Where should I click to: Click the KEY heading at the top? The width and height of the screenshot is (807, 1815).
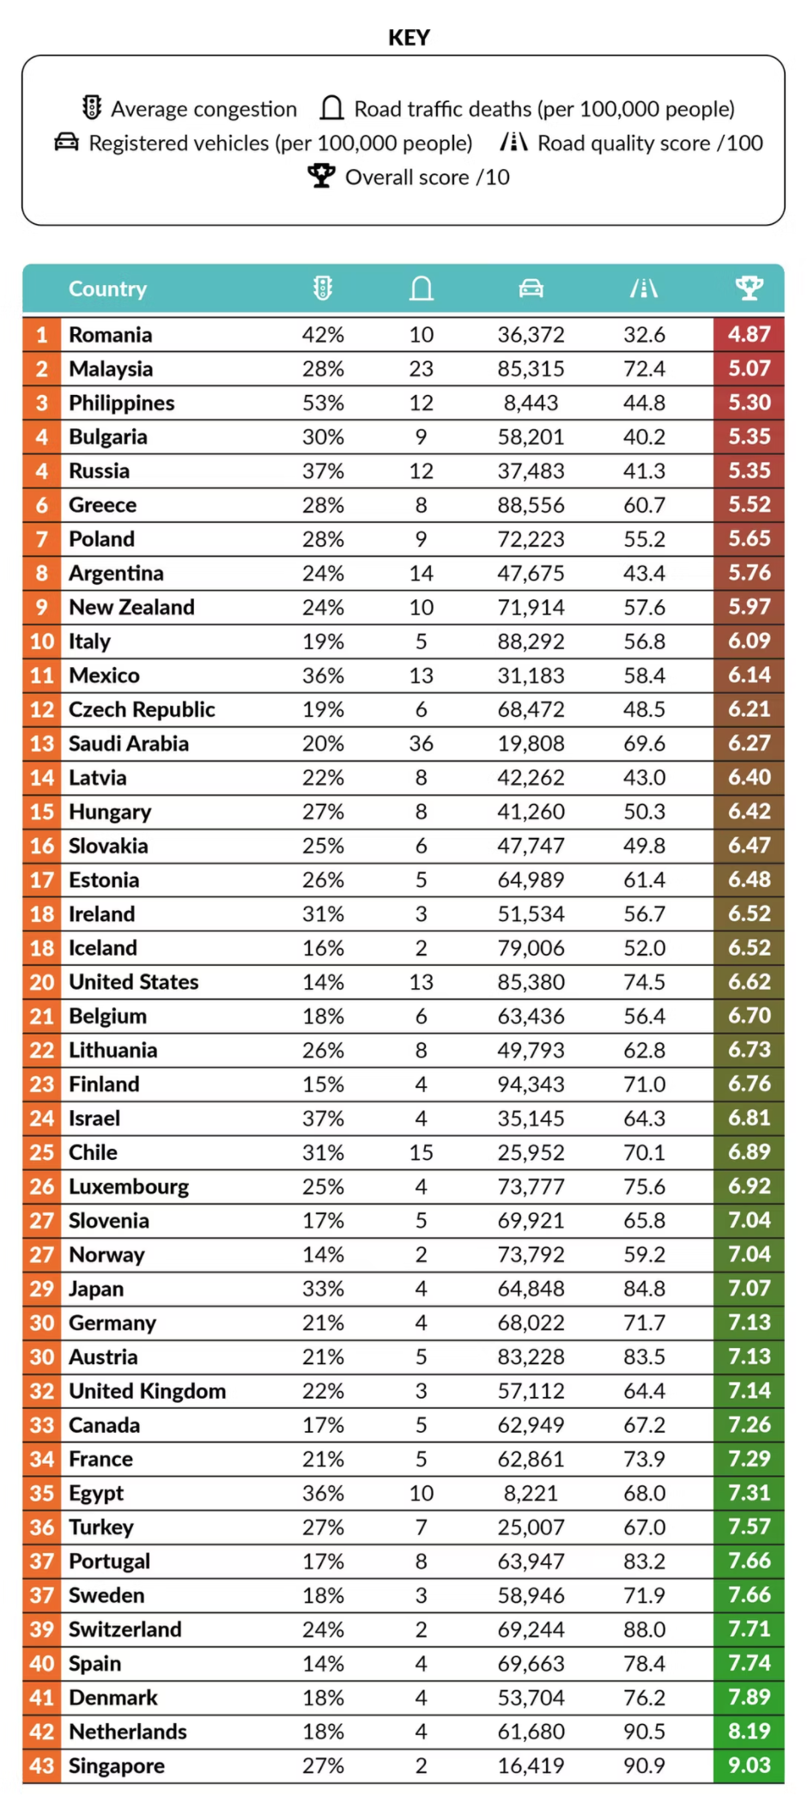[x=409, y=38]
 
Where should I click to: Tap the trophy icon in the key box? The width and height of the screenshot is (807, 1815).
[x=321, y=176]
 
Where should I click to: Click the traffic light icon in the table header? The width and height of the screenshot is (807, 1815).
[x=323, y=288]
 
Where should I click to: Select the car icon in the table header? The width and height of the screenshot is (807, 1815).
[x=531, y=288]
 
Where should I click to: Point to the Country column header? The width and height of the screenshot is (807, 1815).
[x=107, y=288]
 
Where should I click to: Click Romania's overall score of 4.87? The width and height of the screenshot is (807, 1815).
[x=749, y=334]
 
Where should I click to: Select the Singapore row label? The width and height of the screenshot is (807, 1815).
[x=117, y=1765]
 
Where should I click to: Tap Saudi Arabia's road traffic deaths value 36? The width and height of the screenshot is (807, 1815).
[x=421, y=744]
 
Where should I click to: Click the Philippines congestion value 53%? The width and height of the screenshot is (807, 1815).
[x=323, y=403]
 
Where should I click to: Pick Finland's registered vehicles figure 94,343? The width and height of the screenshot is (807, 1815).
[x=531, y=1084]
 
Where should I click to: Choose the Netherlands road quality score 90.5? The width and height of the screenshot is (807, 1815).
[x=644, y=1731]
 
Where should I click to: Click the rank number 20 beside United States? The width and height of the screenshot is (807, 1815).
[x=42, y=982]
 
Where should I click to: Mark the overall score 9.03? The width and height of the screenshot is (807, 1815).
[x=749, y=1765]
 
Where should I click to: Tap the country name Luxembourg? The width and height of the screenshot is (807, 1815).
[x=129, y=1187]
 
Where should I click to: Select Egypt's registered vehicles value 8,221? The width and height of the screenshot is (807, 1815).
[x=531, y=1493]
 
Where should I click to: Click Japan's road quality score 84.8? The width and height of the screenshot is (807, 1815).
[x=644, y=1289]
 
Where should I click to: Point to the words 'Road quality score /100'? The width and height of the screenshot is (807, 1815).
[x=650, y=143]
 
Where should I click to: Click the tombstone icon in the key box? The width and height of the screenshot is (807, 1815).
[x=331, y=108]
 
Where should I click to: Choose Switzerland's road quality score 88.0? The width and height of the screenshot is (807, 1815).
[x=644, y=1630]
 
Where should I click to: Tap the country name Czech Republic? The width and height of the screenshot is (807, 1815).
[x=142, y=709]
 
